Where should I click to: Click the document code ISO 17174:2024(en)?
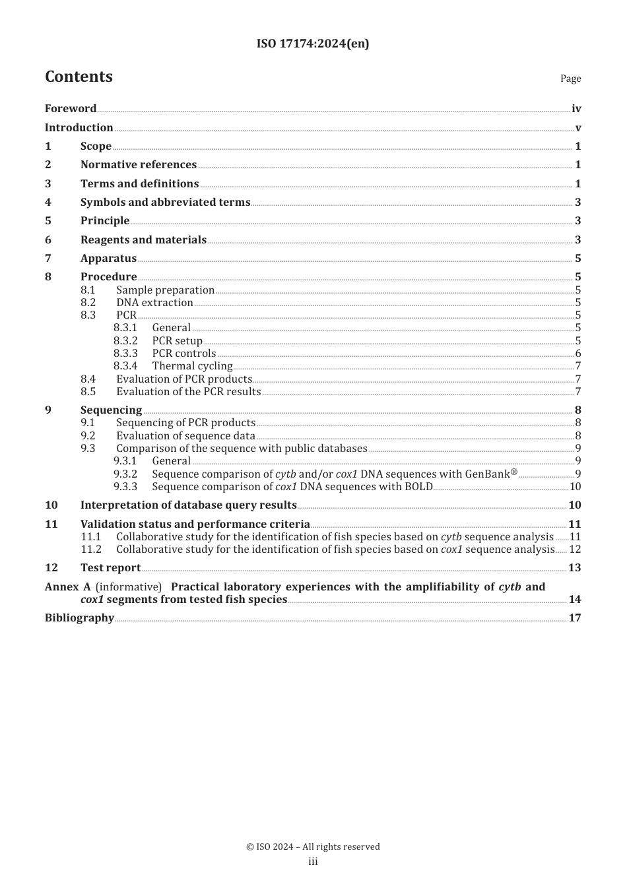tap(313, 44)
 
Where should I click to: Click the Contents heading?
tap(79, 77)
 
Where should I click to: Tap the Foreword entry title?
tap(71, 109)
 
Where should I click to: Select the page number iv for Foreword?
tap(576, 109)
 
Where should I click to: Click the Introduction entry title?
tap(79, 128)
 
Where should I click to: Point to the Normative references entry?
tap(139, 165)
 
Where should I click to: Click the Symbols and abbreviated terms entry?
tap(165, 203)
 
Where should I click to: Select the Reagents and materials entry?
tap(143, 240)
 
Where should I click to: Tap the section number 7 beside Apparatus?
tap(48, 259)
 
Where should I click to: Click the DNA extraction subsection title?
tap(154, 303)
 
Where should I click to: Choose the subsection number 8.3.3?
tap(125, 354)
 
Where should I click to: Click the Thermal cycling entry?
tap(192, 366)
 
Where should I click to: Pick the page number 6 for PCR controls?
tap(578, 354)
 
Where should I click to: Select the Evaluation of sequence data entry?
tap(185, 436)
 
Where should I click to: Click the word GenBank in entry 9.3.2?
tap(487, 474)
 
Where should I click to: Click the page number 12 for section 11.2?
tap(575, 550)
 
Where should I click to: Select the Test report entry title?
tap(110, 568)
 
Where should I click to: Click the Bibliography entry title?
tap(79, 618)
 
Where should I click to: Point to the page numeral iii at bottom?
tap(313, 862)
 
